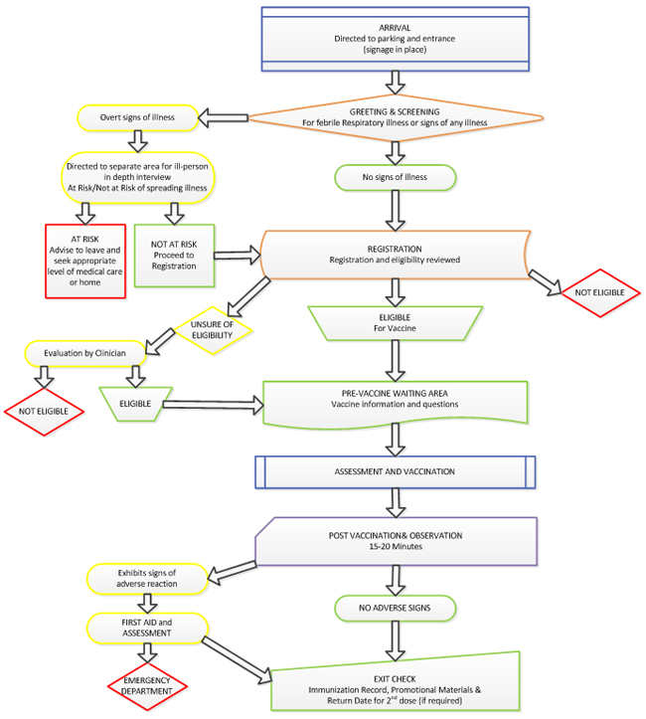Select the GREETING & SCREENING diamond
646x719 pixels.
[396, 116]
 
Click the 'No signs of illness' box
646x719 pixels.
[396, 178]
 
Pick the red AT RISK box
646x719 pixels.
[86, 261]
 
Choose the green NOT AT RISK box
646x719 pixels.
[174, 261]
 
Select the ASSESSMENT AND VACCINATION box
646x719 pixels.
[396, 471]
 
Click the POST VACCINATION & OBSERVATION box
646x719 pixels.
[396, 541]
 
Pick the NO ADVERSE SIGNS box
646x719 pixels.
[396, 605]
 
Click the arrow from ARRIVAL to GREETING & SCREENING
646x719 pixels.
[396, 83]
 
